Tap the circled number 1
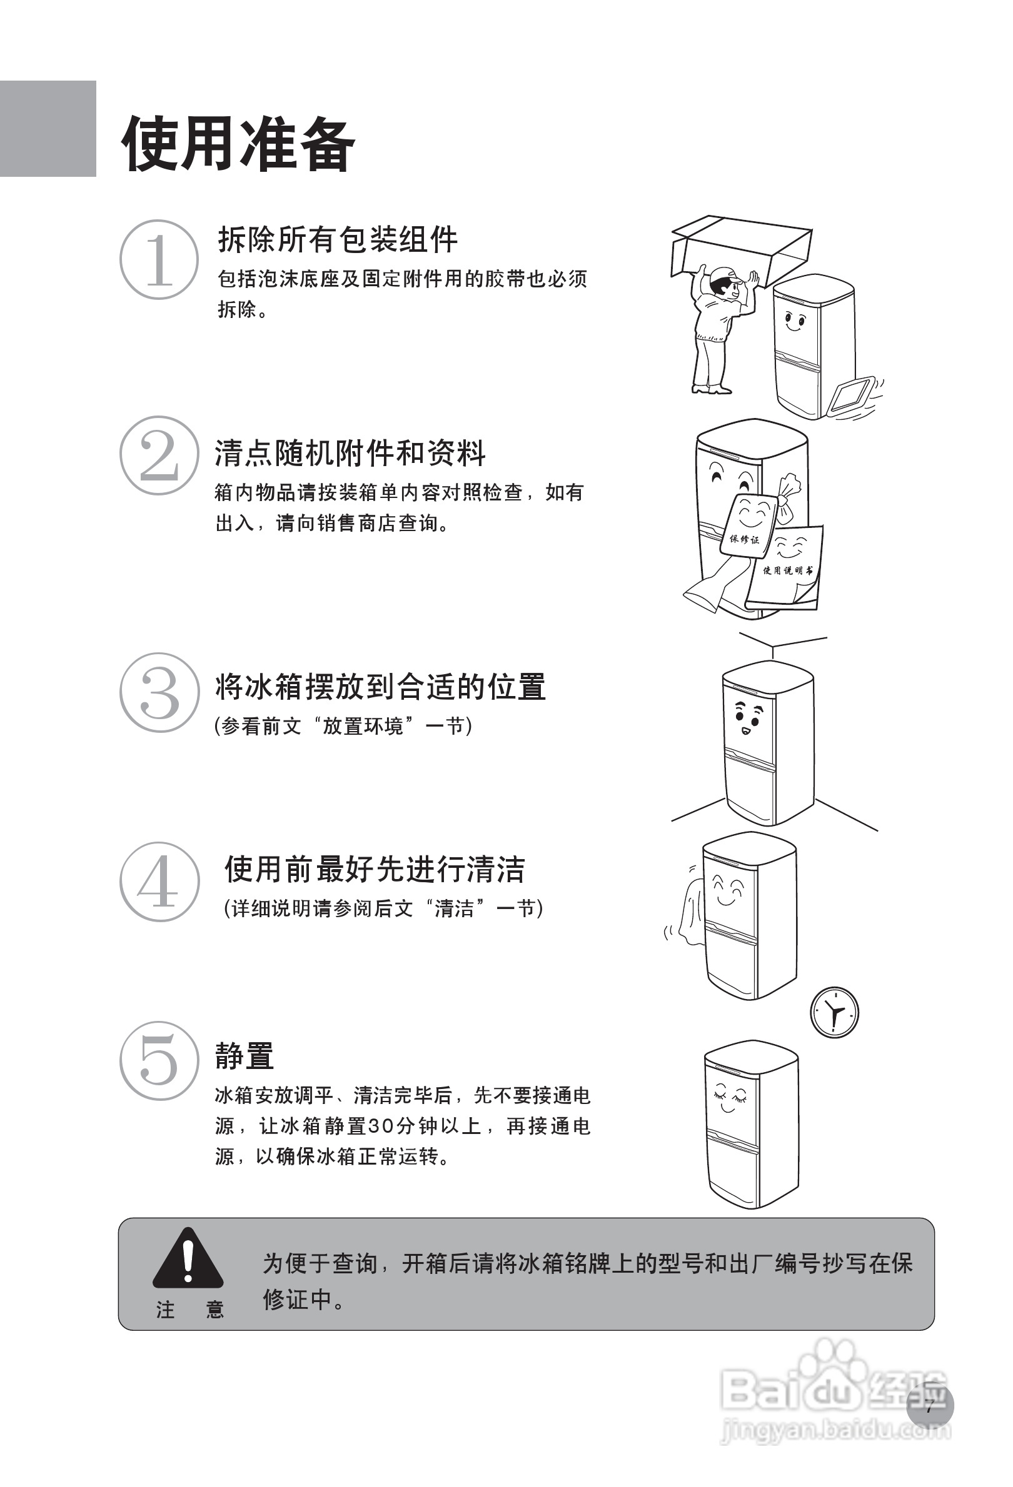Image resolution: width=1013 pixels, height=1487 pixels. [159, 259]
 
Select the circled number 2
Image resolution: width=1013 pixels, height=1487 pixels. [159, 455]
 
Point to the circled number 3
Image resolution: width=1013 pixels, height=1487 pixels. [159, 692]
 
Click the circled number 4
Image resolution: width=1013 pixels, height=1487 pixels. [159, 882]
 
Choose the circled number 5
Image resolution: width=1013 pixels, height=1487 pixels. [159, 1061]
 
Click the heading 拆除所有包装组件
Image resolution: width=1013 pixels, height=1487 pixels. [338, 239]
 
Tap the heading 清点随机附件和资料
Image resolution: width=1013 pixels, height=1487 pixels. [350, 453]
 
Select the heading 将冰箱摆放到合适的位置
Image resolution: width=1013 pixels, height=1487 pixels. [380, 687]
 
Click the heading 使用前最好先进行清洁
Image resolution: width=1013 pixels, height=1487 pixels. [375, 869]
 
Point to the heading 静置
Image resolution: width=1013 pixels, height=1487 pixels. [244, 1055]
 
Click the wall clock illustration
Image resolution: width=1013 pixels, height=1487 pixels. [834, 1012]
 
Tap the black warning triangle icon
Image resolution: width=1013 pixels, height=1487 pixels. [188, 1258]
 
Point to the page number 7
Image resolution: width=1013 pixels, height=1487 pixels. [930, 1406]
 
